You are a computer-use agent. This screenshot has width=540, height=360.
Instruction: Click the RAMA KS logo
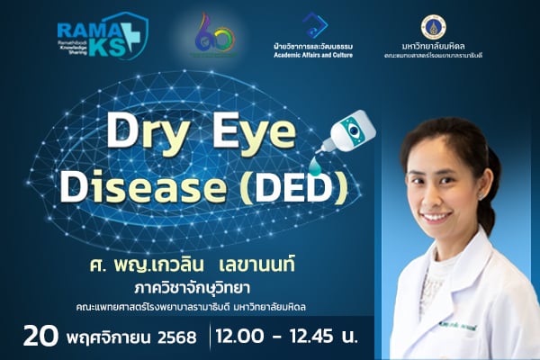[102, 39]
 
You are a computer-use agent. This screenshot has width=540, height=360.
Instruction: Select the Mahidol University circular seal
[433, 26]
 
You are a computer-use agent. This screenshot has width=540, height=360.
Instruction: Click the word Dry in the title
[146, 133]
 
